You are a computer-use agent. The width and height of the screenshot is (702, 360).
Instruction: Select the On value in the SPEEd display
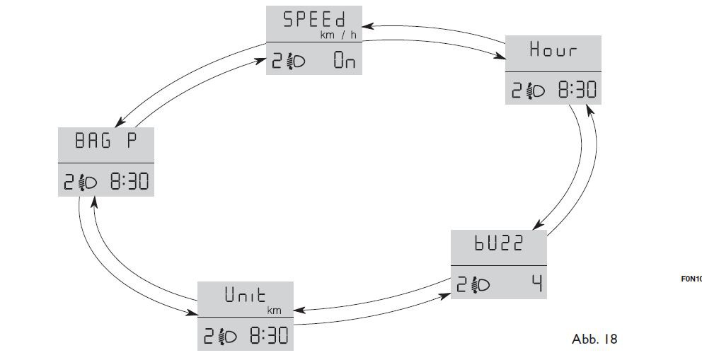pyautogui.click(x=345, y=62)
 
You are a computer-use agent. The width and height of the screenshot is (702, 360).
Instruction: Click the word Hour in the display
pyautogui.click(x=553, y=50)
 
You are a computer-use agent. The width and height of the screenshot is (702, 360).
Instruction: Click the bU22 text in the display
pyautogui.click(x=499, y=243)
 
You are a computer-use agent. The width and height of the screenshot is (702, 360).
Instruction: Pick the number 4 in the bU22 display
pyautogui.click(x=538, y=284)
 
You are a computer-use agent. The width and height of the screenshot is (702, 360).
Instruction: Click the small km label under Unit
pyautogui.click(x=273, y=310)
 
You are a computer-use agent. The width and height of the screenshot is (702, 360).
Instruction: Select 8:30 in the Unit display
pyautogui.click(x=268, y=335)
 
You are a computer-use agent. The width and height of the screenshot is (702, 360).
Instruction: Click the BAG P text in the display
pyautogui.click(x=104, y=140)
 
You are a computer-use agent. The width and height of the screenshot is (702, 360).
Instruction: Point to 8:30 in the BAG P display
pyautogui.click(x=129, y=182)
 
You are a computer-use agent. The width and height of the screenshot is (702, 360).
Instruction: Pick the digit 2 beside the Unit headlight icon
pyautogui.click(x=210, y=335)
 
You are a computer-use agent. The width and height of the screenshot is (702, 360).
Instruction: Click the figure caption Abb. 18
pyautogui.click(x=594, y=339)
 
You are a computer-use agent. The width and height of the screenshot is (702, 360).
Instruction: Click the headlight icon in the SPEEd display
pyautogui.click(x=296, y=62)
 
